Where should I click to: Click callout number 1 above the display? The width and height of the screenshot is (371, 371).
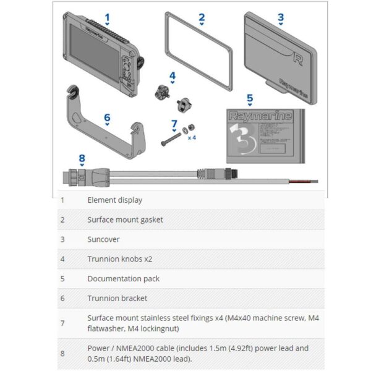tap(107, 18)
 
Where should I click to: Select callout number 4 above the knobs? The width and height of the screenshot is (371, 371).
tap(173, 76)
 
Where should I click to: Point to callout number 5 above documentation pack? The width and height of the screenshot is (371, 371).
tap(250, 98)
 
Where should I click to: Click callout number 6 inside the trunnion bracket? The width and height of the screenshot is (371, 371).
tap(107, 117)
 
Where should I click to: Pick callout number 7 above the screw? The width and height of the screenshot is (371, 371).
tap(174, 124)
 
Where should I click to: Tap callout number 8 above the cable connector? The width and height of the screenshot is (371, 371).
tap(82, 158)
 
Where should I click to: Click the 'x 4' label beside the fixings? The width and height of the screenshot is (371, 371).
tap(192, 137)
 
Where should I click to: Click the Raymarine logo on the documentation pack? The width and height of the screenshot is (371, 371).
tap(252, 116)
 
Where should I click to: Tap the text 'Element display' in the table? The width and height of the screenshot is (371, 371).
tap(114, 200)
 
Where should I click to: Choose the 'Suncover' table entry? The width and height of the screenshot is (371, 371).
tap(103, 239)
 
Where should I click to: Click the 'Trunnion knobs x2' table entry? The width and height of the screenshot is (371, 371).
tap(119, 259)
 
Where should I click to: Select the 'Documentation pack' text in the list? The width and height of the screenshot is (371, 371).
tap(123, 279)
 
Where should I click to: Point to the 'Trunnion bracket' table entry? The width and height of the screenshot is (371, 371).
tap(117, 298)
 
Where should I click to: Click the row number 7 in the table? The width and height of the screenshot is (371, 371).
tap(62, 323)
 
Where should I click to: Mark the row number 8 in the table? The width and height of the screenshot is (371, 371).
tap(62, 353)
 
